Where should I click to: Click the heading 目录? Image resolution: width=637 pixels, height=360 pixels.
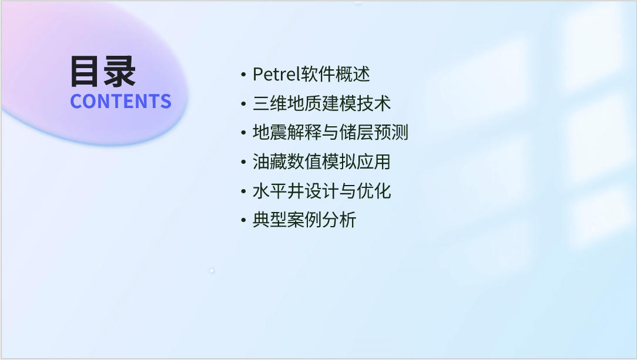103,72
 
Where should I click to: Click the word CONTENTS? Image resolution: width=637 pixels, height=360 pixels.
120,101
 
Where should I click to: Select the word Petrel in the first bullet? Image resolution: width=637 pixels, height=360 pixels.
276,74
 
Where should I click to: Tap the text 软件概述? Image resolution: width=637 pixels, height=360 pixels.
334,74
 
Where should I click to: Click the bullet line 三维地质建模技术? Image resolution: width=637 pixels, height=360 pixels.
322,103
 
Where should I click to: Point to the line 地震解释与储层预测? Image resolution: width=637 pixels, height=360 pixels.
330,133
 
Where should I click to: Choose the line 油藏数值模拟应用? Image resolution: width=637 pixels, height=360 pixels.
321,162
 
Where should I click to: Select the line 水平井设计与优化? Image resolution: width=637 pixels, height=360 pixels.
322,191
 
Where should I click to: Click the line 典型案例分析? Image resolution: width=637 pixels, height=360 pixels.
304,220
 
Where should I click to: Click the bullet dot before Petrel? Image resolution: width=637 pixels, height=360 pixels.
243,75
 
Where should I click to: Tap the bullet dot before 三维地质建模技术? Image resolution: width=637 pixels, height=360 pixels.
243,104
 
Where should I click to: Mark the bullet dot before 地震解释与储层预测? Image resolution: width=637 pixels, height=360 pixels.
243,133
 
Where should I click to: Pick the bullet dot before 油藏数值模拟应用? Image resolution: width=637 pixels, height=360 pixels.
243,162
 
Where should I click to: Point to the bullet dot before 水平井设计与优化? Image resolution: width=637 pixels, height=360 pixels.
243,191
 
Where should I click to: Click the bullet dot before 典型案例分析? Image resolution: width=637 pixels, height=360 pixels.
243,221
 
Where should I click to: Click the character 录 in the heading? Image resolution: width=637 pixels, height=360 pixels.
119,72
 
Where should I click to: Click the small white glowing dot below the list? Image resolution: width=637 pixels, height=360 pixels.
212,271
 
